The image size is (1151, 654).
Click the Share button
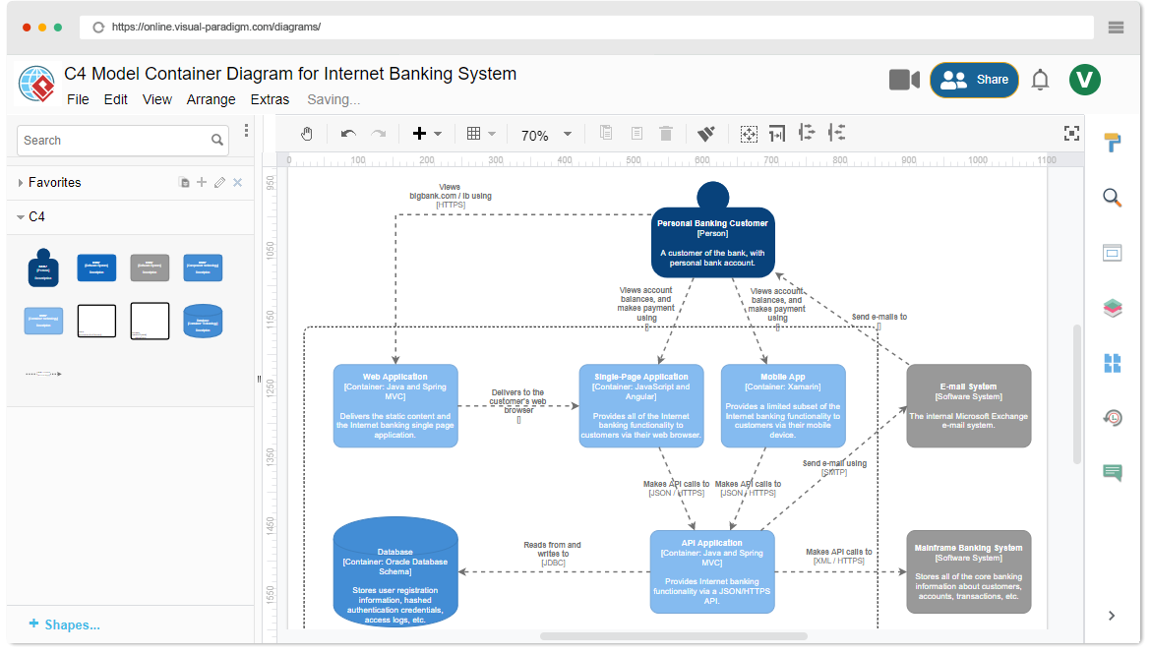[974, 80]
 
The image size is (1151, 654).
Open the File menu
[78, 99]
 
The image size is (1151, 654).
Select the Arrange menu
[211, 99]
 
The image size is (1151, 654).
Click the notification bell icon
[1040, 81]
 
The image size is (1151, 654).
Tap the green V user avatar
[1085, 80]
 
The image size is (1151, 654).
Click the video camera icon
[904, 80]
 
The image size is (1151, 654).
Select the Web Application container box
[395, 405]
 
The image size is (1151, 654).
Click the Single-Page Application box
[641, 405]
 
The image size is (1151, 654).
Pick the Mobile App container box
[783, 405]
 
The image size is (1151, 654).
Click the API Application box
[712, 571]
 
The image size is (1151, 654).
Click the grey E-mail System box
[969, 405]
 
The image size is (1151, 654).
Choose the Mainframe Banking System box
[969, 571]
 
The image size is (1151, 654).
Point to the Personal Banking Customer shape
[713, 241]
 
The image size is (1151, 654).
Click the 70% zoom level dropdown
[546, 135]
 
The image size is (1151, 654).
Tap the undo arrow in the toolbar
[348, 134]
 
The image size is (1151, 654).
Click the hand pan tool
[307, 134]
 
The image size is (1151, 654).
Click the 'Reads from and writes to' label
[552, 553]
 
